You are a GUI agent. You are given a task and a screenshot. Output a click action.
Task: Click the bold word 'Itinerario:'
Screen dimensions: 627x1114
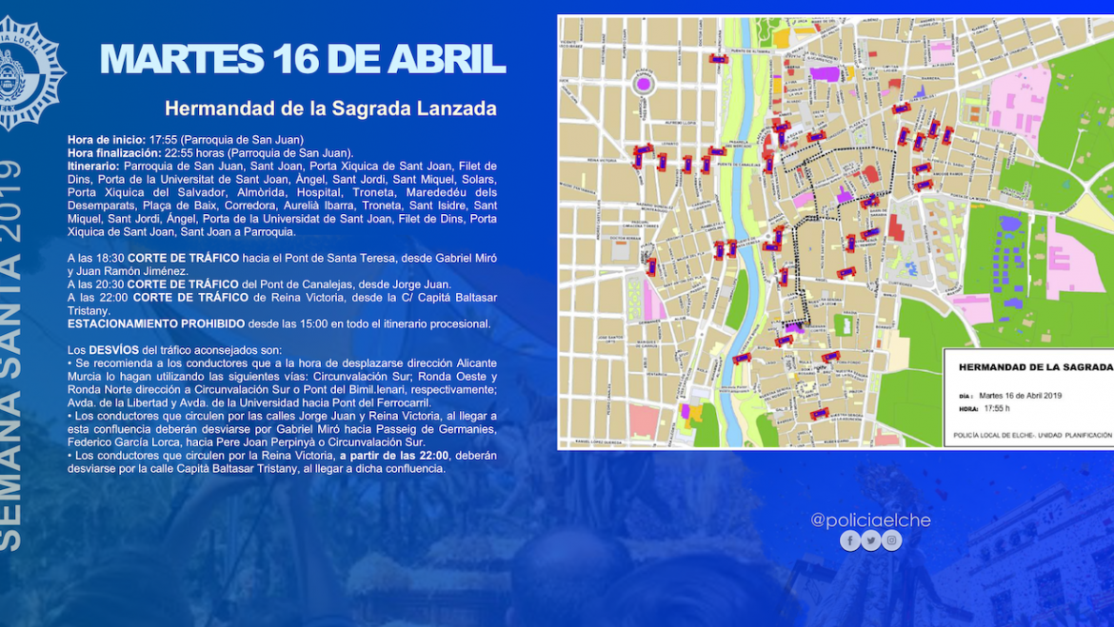[93, 167]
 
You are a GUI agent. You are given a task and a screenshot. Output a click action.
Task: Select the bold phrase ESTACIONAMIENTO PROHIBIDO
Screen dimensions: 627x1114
[155, 323]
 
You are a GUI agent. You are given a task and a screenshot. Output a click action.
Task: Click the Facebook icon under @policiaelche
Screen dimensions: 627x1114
[850, 540]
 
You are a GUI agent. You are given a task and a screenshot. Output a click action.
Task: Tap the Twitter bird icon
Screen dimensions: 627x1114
[871, 540]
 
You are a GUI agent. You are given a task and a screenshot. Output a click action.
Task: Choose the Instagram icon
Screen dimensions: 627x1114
[892, 540]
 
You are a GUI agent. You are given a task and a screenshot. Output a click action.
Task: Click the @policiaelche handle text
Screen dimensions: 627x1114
[870, 520]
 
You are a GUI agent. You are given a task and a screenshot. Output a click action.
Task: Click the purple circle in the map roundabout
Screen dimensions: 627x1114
[644, 84]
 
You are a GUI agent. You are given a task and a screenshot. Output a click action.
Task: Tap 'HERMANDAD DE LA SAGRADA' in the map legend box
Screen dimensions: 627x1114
[1034, 366]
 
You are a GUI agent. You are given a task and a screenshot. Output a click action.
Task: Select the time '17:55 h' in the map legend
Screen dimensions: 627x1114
[996, 409]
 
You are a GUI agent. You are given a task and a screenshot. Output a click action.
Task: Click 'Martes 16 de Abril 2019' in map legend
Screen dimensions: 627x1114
[1020, 396]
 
